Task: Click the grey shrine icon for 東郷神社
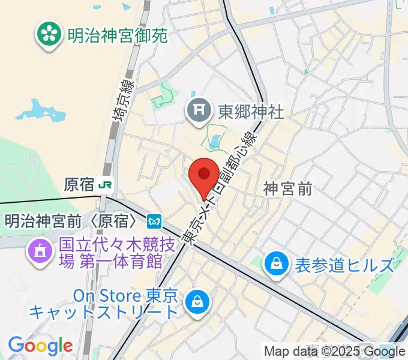click(197, 110)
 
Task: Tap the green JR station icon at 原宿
click(106, 184)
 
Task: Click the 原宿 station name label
click(80, 184)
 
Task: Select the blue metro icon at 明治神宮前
click(155, 221)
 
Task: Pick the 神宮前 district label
click(288, 189)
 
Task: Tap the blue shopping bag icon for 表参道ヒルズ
click(277, 265)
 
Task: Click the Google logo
click(40, 346)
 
